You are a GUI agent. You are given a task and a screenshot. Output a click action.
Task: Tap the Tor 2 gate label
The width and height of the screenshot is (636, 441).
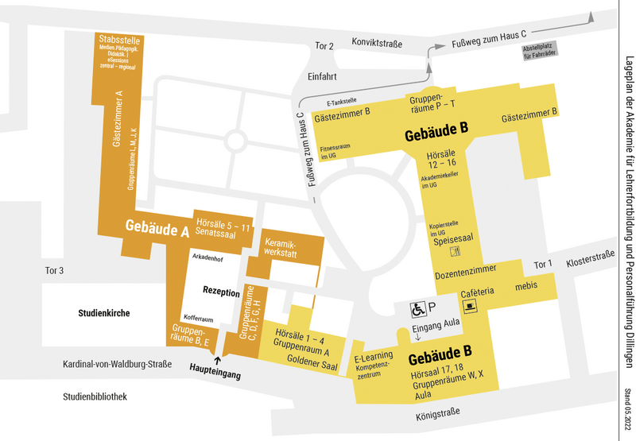pos(324,45)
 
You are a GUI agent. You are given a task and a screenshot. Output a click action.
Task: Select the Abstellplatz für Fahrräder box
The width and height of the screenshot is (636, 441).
pos(539,50)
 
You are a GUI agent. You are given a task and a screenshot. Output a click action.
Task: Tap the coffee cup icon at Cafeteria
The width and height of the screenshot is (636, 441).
pos(472,307)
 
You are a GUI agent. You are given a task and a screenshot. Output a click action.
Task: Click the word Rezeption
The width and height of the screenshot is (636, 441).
pos(221,292)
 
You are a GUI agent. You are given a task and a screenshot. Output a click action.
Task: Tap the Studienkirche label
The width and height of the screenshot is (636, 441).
pos(104,313)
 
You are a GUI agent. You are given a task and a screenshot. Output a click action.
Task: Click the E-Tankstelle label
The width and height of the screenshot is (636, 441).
pos(341,102)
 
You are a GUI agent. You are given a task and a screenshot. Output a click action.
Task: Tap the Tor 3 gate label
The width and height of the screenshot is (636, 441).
pos(55,270)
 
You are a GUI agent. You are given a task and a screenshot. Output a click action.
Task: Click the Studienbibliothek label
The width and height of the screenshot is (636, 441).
pos(95,397)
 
